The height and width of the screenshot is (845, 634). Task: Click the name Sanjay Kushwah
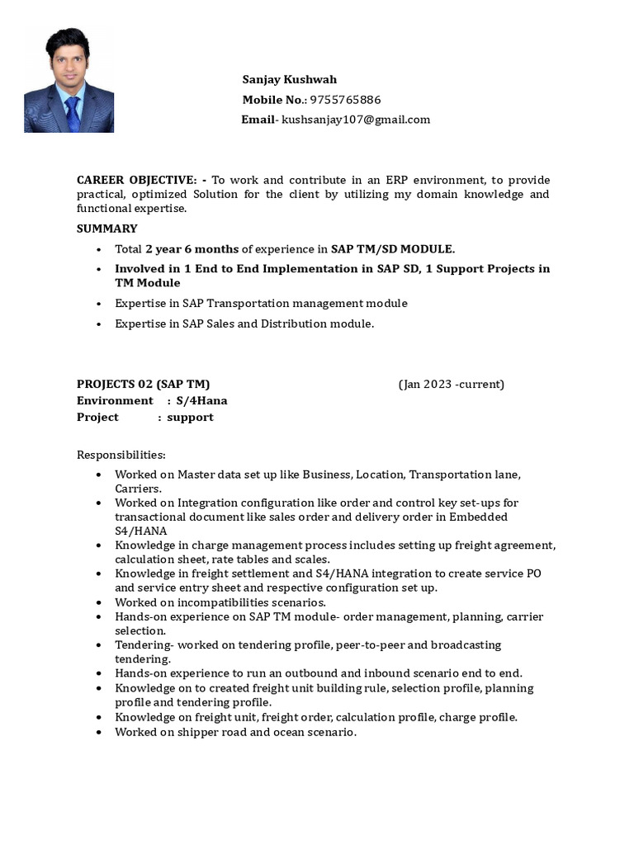pos(289,80)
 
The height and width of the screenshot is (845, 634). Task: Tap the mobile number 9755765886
pos(345,100)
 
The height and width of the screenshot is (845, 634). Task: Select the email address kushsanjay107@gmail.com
pos(356,120)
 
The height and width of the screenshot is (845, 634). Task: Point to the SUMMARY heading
pos(107,229)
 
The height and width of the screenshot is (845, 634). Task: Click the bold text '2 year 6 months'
pos(192,249)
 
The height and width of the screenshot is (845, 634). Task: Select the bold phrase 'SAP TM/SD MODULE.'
pos(393,249)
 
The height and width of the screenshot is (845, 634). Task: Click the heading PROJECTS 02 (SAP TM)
pos(144,384)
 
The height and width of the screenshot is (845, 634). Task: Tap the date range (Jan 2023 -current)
pos(452,384)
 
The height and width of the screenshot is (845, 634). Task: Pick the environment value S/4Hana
pos(202,400)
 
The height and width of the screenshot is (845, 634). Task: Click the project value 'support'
pos(190,417)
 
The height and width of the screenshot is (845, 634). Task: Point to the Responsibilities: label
pos(121,455)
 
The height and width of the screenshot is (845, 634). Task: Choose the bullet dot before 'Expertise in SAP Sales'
pos(99,324)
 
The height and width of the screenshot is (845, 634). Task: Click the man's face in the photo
pos(68,67)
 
